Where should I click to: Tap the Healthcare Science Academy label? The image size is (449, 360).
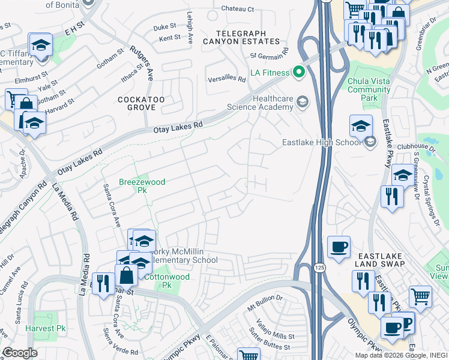[x=260, y=103]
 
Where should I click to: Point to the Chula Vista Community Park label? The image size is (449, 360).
[x=369, y=89]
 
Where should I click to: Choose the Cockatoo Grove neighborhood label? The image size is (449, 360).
[x=137, y=103]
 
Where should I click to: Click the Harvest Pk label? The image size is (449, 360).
[x=45, y=328]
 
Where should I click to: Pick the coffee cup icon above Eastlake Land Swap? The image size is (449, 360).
[x=339, y=246]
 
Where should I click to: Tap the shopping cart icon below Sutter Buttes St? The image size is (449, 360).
[x=248, y=356]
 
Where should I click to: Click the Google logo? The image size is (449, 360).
[x=20, y=353]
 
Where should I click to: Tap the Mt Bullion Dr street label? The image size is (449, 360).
[x=265, y=298]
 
